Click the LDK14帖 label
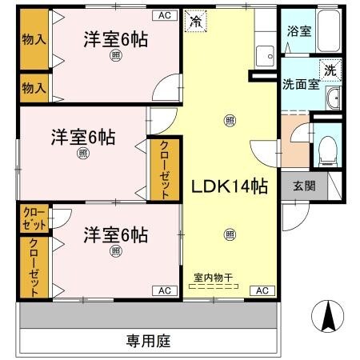[228, 186]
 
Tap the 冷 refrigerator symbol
[195, 22]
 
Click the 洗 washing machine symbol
[330, 70]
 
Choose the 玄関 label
[303, 186]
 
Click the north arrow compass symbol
[329, 317]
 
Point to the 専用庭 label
[148, 340]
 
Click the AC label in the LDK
[261, 290]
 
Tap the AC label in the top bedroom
[163, 15]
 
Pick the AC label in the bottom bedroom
[163, 290]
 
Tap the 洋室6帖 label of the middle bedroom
[84, 137]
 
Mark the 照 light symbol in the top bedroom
[117, 55]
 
